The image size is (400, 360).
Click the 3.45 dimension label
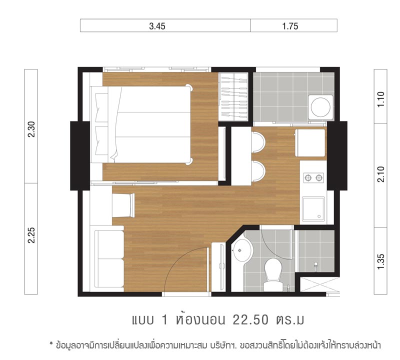tap(157, 26)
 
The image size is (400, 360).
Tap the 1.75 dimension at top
tap(290, 26)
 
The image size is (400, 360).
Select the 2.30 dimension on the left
tap(31, 129)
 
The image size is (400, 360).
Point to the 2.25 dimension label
tap(31, 235)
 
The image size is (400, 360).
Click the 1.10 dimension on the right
tap(380, 99)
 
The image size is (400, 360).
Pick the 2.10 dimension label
tap(380, 174)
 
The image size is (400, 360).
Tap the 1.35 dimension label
tap(380, 261)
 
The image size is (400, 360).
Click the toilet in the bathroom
tap(272, 274)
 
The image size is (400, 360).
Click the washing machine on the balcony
tap(320, 107)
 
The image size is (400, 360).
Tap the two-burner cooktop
tap(313, 177)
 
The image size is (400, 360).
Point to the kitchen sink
tap(313, 208)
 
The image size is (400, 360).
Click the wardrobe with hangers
tap(234, 97)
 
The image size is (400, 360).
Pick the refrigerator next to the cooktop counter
tap(310, 142)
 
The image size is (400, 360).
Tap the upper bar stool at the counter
tap(258, 142)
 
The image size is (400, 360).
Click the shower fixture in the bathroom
tap(316, 265)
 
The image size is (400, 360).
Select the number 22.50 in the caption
tap(250, 319)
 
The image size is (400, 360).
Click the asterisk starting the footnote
tap(51, 343)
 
